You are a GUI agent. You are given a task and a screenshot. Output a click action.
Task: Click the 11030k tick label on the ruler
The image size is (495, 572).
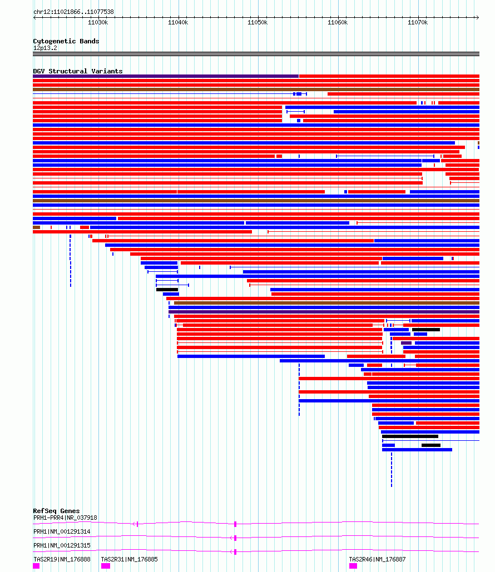(x=98, y=23)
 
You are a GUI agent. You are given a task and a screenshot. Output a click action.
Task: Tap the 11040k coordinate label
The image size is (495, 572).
(x=178, y=23)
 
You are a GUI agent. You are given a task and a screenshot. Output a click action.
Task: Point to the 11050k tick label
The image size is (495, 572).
(x=258, y=23)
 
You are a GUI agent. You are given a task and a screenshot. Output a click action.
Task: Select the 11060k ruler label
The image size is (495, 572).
(x=338, y=23)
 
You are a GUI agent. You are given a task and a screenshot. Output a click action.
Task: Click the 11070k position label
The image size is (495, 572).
(x=418, y=23)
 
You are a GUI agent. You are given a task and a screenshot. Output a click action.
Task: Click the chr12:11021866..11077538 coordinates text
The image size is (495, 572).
(x=74, y=12)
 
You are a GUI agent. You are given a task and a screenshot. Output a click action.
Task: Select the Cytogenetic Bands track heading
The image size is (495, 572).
(x=66, y=41)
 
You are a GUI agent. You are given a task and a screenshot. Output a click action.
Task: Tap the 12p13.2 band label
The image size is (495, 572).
(x=45, y=48)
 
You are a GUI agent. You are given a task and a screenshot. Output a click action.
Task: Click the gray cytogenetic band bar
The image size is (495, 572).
(x=256, y=54)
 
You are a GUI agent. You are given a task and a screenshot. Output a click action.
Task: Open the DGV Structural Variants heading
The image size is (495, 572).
(x=78, y=71)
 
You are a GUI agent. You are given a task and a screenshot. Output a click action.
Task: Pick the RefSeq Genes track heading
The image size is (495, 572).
(x=56, y=511)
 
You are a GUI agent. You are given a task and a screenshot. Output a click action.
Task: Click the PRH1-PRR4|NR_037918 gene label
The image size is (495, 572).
(x=65, y=518)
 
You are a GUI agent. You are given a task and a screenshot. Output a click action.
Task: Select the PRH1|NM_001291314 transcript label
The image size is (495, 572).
(x=62, y=531)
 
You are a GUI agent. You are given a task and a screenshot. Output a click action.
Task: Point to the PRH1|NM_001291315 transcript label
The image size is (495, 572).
(x=62, y=545)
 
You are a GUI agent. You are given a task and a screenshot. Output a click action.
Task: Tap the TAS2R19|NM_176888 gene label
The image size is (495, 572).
(x=62, y=559)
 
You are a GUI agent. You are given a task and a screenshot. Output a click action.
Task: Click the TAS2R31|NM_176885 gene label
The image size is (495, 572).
(x=129, y=559)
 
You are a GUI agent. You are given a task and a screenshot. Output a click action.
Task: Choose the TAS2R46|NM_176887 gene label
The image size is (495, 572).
(x=377, y=559)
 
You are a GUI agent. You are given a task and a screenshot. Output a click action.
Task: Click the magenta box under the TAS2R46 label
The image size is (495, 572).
(x=353, y=566)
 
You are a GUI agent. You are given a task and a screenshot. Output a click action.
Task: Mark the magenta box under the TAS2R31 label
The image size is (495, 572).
(x=106, y=566)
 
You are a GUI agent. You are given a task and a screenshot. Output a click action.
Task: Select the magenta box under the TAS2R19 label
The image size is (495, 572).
(x=36, y=566)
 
